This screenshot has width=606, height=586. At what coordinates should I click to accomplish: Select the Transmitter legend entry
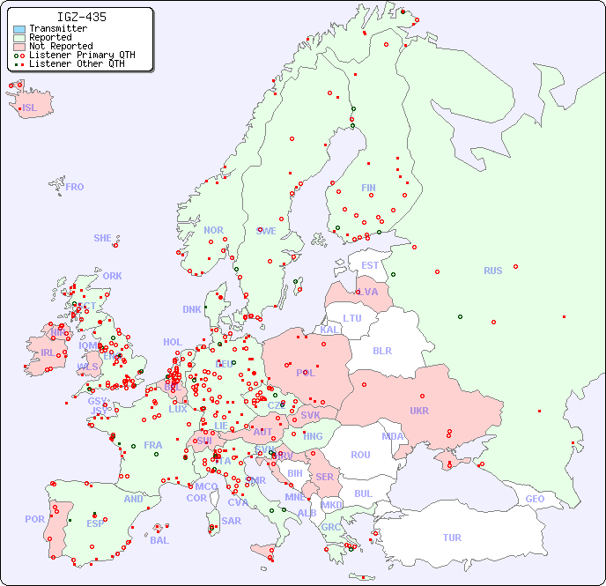coord(57,29)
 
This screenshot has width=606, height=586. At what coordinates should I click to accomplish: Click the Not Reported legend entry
coord(60,47)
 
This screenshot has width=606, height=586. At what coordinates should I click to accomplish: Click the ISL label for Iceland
coord(30,108)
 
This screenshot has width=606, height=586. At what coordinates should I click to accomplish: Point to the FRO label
coord(74,187)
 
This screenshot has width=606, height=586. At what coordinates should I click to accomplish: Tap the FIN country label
coord(368,188)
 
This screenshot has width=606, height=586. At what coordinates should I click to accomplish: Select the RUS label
coord(492,271)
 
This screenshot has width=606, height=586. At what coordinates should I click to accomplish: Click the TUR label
coord(452,538)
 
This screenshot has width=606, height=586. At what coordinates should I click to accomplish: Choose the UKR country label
coord(419,411)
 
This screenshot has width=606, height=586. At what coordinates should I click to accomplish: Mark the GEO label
coord(535,499)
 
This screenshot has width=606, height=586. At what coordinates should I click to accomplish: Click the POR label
coord(34,519)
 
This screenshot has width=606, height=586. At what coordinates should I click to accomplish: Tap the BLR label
coord(381,350)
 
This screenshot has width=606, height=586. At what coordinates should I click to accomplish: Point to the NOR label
coord(213,230)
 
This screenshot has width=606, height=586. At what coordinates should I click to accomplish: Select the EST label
coord(370,265)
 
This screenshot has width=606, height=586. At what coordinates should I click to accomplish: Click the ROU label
coord(360,455)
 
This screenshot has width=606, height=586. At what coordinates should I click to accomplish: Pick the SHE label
coord(102,238)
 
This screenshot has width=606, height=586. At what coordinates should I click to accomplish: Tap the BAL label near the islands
coord(159,540)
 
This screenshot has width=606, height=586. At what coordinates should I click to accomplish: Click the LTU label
coord(352,318)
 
